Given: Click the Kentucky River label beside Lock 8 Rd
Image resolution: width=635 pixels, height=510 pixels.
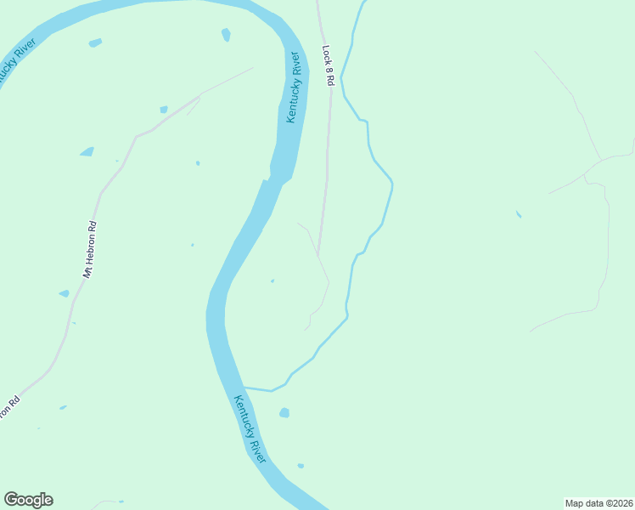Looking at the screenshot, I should (295, 88).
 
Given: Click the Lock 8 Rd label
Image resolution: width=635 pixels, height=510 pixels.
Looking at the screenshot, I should (329, 65).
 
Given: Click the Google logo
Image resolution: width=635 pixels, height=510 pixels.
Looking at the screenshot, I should (28, 500).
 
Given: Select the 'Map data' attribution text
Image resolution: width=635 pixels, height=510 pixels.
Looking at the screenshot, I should (586, 502).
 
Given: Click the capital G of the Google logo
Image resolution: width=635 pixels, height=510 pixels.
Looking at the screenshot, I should (11, 499).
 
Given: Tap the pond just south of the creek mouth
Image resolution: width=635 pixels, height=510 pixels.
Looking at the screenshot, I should (284, 413).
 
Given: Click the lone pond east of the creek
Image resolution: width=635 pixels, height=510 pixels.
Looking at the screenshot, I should (518, 214).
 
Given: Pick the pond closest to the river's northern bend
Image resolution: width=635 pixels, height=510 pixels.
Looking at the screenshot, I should (226, 35).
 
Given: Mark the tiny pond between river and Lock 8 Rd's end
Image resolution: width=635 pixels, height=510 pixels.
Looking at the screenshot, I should (273, 280).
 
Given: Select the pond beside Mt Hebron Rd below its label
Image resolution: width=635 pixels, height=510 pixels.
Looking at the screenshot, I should (64, 294).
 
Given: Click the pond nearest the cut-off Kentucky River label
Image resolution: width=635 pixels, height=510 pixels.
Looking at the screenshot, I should (94, 42).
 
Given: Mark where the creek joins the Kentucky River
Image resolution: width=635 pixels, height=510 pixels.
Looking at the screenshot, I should (244, 388).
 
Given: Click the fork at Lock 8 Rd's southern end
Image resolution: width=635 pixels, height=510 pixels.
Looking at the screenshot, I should (317, 255).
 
